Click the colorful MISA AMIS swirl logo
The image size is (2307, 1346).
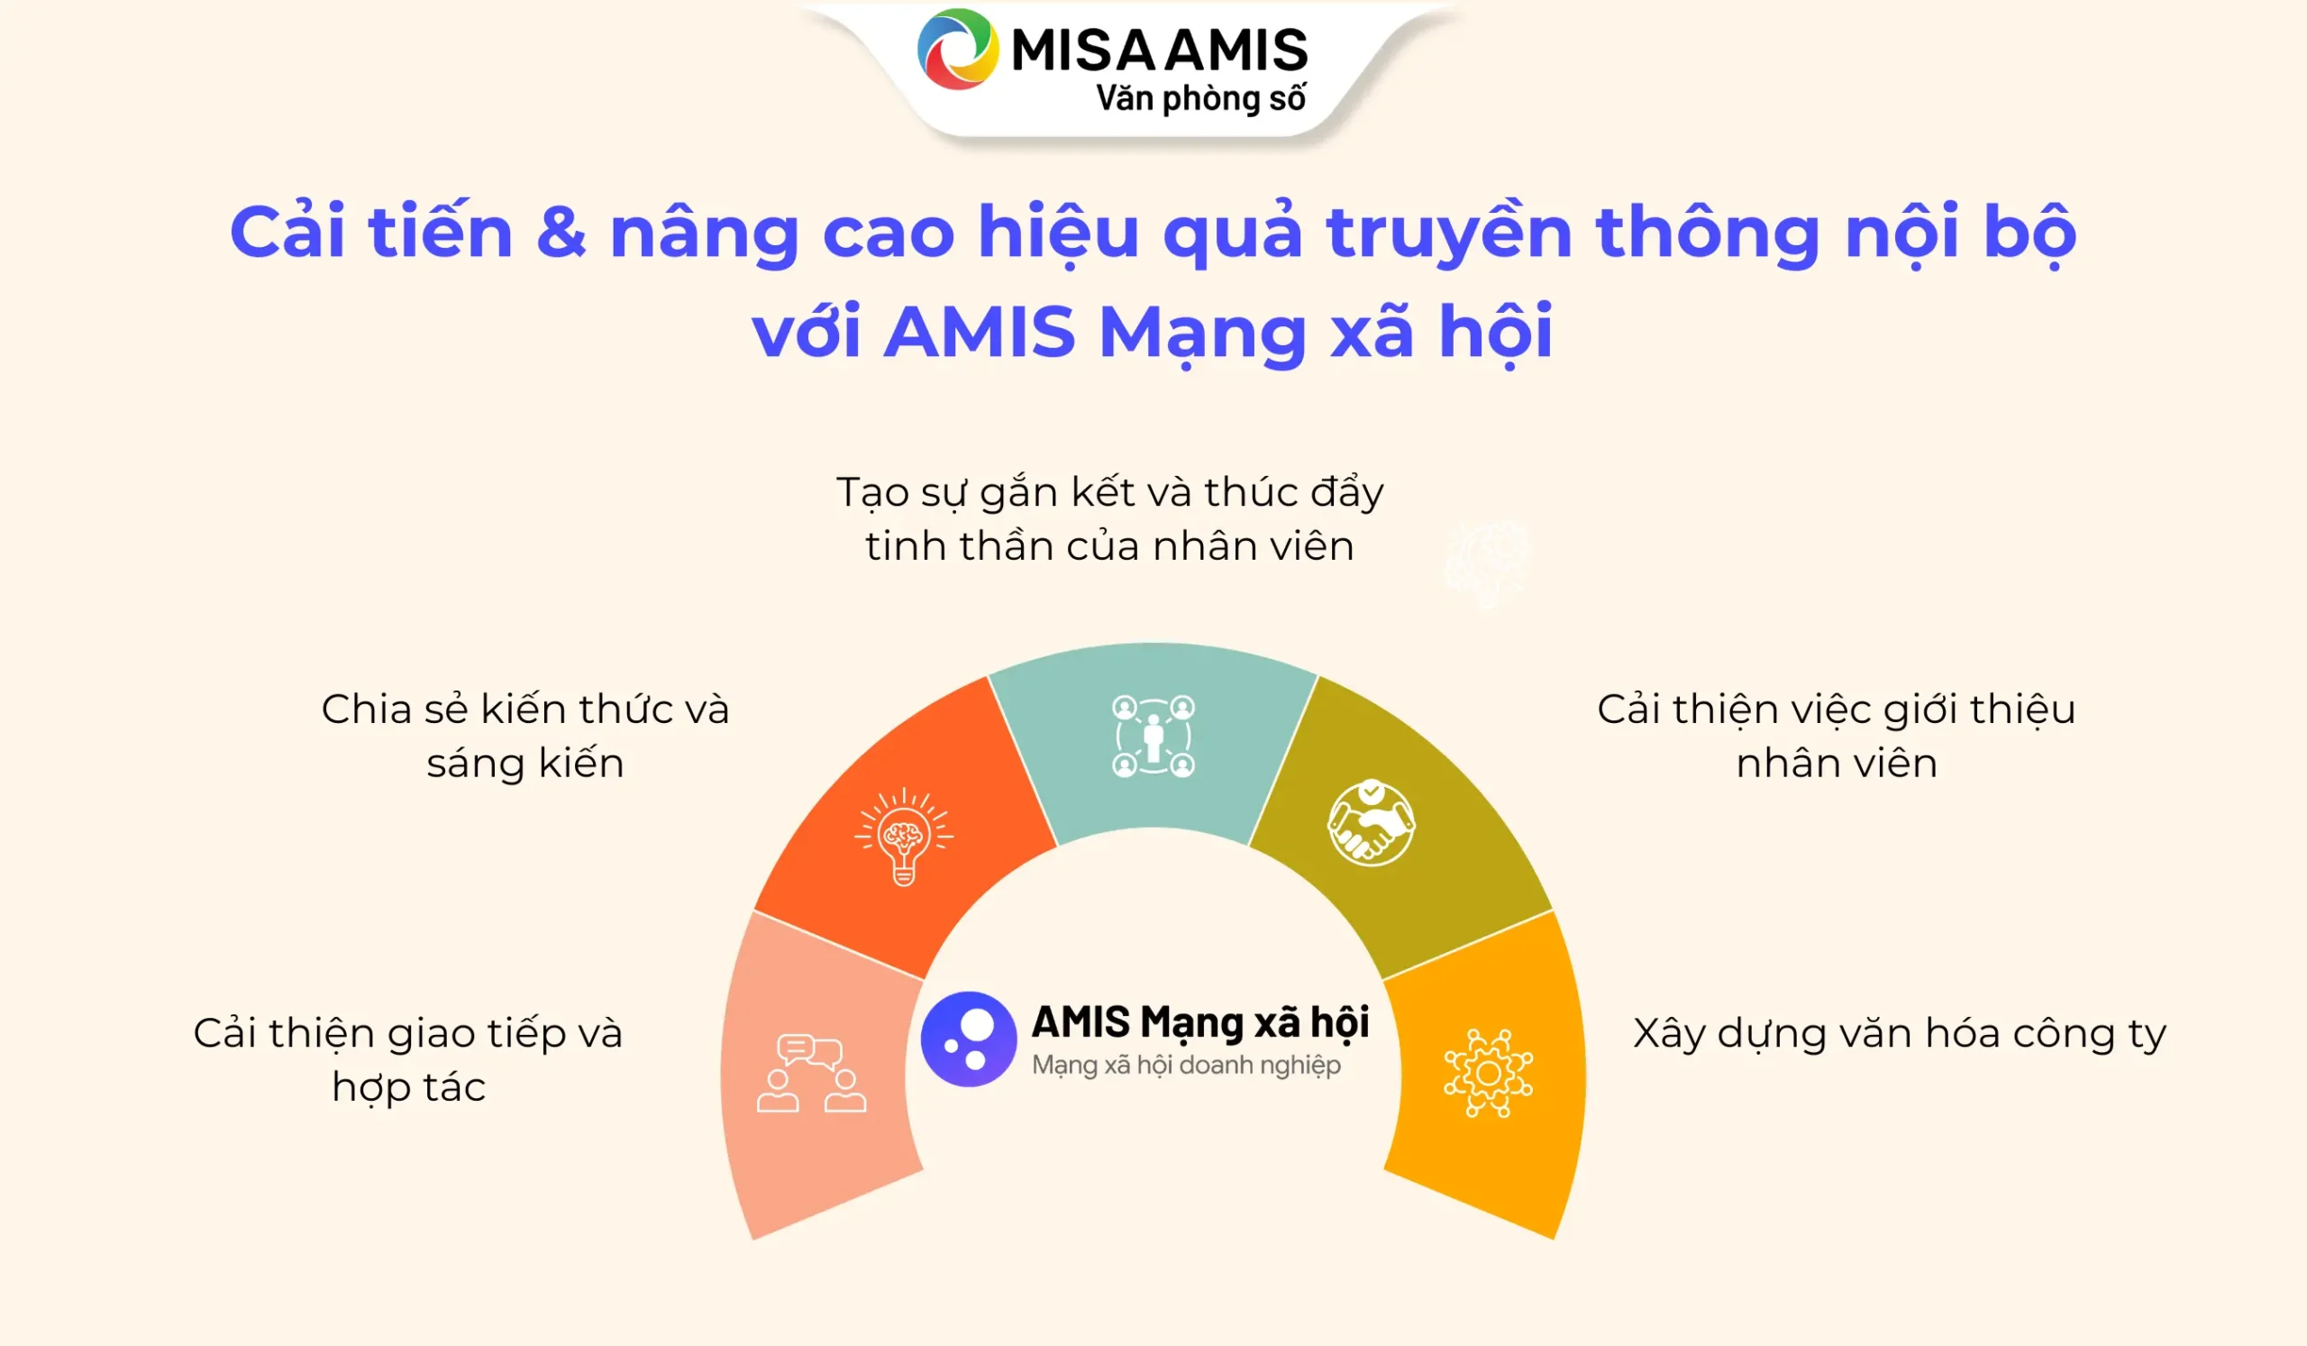[958, 50]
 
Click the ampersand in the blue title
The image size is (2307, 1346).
[561, 232]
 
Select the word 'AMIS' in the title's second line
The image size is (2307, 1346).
[980, 332]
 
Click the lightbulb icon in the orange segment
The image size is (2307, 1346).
[904, 836]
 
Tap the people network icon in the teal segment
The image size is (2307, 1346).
[1153, 737]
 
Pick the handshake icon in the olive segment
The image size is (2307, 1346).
[1371, 822]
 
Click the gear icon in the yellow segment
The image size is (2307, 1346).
[1488, 1073]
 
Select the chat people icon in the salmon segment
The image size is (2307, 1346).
[811, 1073]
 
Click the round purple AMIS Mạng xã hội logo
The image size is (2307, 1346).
[969, 1039]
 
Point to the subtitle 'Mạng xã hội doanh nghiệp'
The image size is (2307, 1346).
[1187, 1066]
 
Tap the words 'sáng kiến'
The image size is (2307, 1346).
[525, 765]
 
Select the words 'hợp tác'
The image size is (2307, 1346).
[408, 1089]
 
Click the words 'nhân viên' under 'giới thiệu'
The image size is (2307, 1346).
[1837, 763]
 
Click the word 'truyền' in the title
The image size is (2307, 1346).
[1449, 233]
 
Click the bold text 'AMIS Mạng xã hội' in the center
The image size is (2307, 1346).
[1200, 1023]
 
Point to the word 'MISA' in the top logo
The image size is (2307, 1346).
[1083, 50]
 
